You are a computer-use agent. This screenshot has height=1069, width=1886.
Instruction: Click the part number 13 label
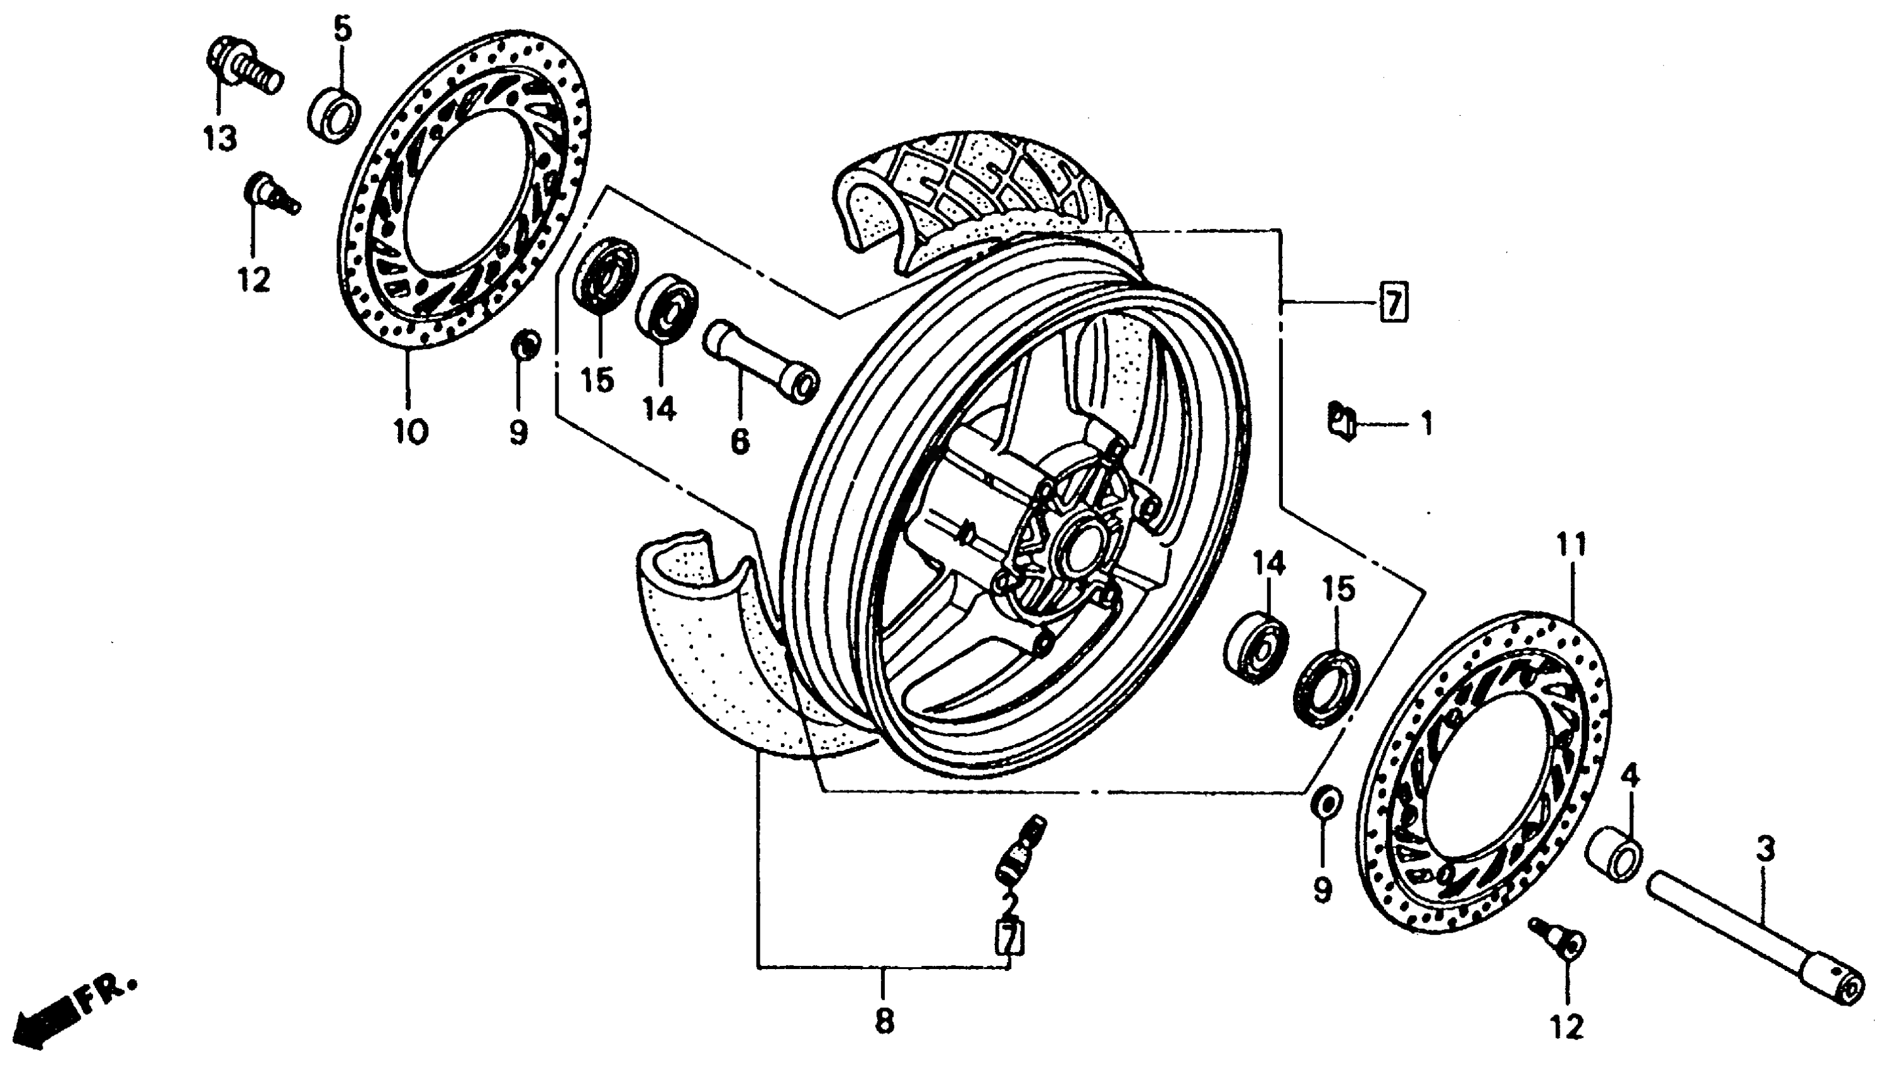coord(220,138)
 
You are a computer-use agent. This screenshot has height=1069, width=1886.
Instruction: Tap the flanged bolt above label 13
coord(238,63)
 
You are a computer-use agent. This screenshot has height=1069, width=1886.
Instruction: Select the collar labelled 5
coord(334,114)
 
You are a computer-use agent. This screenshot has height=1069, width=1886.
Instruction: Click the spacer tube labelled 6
coord(760,361)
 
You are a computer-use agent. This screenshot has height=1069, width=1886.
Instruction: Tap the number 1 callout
coord(1426,424)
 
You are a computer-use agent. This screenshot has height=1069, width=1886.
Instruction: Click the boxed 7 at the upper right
coord(1394,301)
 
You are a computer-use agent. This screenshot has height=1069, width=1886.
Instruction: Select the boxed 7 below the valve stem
coord(1009,938)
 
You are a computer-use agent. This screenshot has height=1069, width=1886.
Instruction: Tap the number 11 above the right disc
coord(1571,545)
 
